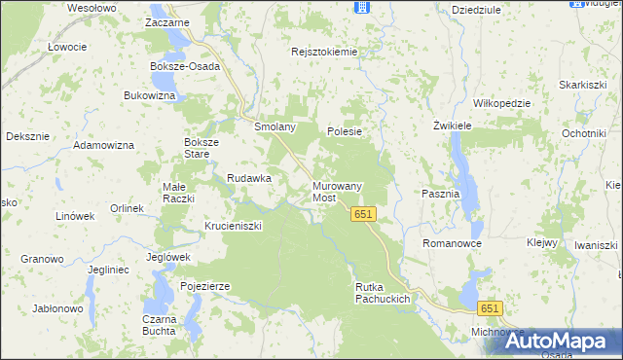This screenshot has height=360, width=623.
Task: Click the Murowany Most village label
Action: [x=337, y=192]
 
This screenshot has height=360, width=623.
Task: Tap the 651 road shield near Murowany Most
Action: [x=364, y=214]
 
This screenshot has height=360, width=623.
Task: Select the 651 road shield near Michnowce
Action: [x=490, y=308]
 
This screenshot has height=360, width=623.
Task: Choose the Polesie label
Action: [x=345, y=131]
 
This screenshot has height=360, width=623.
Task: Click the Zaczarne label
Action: [x=166, y=21]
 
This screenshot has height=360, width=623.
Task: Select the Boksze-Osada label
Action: [x=185, y=66]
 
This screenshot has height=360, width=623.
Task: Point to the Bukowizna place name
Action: [x=149, y=95]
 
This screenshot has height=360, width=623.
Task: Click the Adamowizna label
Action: [x=105, y=145]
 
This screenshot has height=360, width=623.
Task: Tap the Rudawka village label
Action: [x=248, y=178]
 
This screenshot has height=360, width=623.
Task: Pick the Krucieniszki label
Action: [x=234, y=226]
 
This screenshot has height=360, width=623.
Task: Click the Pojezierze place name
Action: [x=204, y=286]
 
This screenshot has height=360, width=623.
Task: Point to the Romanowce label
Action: [x=452, y=242]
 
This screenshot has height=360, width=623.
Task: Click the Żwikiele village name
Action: [x=452, y=126]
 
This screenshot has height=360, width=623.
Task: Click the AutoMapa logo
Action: [x=561, y=341]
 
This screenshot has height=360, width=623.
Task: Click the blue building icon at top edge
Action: [x=362, y=7]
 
